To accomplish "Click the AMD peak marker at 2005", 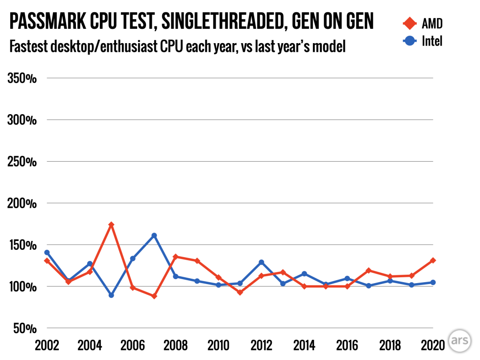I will click(x=111, y=225).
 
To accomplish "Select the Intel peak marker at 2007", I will click(x=154, y=236).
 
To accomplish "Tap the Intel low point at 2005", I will click(x=111, y=295).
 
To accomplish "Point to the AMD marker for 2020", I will click(x=433, y=261).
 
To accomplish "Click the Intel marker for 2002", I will click(x=47, y=253).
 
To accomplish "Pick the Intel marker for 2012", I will click(x=261, y=263).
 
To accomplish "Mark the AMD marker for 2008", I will click(x=175, y=257).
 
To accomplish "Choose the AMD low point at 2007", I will click(x=154, y=296).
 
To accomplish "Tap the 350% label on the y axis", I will click(x=23, y=78).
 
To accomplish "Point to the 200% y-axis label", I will click(x=23, y=203).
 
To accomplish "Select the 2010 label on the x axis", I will click(x=218, y=346).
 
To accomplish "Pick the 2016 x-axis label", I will click(x=347, y=346).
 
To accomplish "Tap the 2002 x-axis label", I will click(x=47, y=346).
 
